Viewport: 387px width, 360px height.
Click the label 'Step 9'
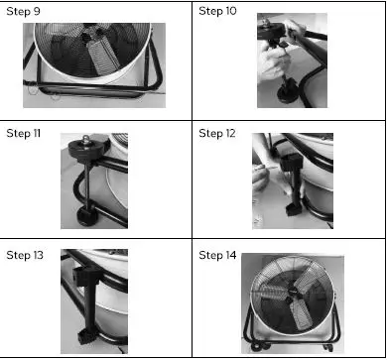[24, 12]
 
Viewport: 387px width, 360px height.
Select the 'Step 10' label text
[218, 12]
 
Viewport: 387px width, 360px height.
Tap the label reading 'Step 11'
[24, 132]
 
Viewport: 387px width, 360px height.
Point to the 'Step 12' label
[218, 132]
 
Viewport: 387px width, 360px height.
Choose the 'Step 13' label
[25, 256]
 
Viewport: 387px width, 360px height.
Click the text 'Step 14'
[218, 256]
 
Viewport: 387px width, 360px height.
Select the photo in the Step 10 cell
[292, 61]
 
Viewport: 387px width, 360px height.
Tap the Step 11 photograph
[93, 181]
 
